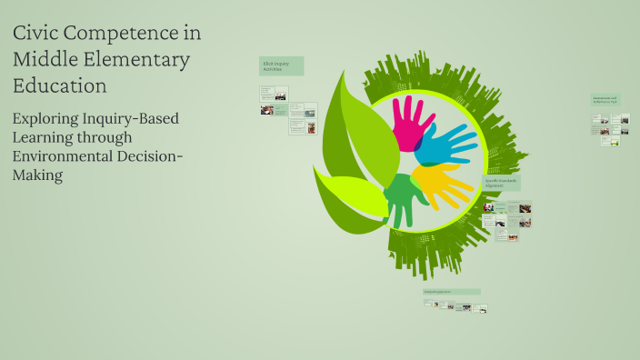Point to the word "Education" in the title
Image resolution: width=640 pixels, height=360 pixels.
[60, 85]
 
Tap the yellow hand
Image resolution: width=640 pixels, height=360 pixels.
[440, 182]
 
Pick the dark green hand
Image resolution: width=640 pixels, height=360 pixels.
[400, 195]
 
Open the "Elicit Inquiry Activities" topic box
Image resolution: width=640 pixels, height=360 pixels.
[281, 65]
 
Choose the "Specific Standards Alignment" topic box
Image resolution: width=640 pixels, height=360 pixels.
[501, 182]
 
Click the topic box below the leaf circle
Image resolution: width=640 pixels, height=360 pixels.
[452, 292]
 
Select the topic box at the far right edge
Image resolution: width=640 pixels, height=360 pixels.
[605, 99]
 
